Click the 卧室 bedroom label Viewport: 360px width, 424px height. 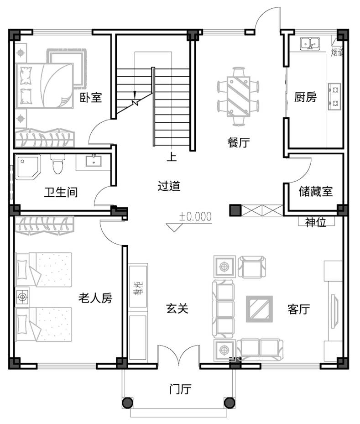click(91, 97)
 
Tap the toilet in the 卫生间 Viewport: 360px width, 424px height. click(57, 164)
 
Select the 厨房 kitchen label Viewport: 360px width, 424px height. click(305, 97)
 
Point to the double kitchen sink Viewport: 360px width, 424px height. click(310, 43)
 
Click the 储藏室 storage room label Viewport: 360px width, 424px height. click(315, 191)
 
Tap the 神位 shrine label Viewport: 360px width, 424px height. click(316, 222)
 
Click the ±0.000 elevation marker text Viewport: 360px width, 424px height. click(195, 216)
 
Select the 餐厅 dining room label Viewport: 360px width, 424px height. click(239, 142)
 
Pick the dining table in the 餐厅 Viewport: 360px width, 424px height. click(239, 96)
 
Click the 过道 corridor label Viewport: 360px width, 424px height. click(169, 186)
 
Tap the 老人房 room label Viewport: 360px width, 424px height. click(95, 298)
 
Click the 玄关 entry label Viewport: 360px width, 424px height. click(177, 308)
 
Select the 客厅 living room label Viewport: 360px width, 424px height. click(299, 309)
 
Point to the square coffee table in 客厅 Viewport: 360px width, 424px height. click(259, 309)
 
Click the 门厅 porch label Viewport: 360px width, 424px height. click(180, 389)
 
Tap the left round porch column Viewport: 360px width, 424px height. click(128, 403)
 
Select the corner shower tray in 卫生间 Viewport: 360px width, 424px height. click(28, 167)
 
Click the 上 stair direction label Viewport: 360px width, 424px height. click(172, 157)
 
